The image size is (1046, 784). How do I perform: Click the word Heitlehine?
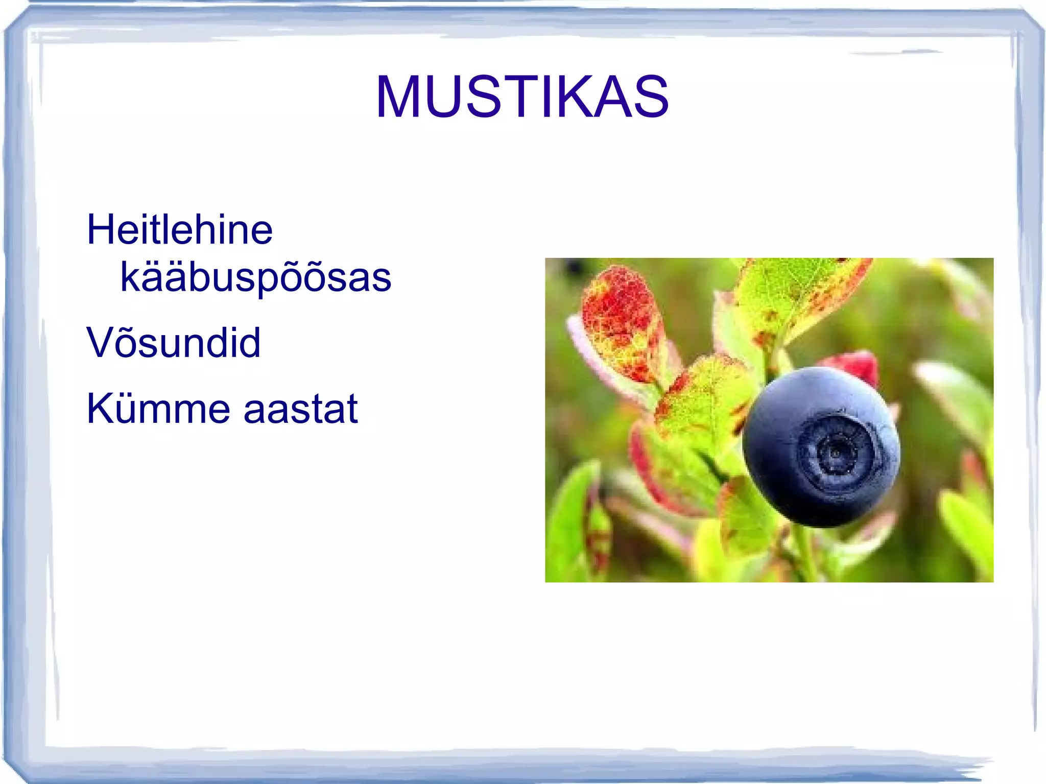tap(180, 230)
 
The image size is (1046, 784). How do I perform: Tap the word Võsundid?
tap(174, 342)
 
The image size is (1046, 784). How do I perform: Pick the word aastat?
tap(301, 410)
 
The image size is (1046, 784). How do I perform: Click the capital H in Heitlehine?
tap(101, 230)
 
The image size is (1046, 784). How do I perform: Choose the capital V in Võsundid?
tap(101, 342)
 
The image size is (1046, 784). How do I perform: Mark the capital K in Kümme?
tap(101, 409)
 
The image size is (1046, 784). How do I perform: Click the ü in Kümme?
tap(134, 409)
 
